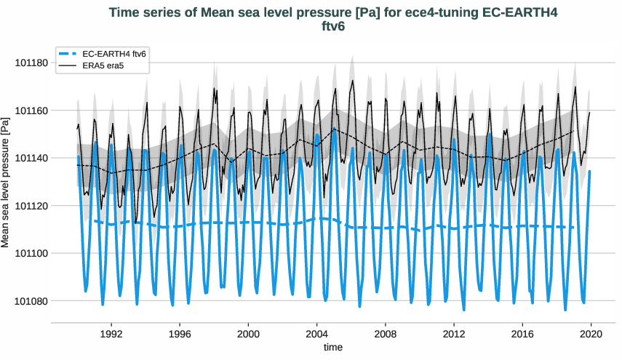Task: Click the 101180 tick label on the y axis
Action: click(31, 63)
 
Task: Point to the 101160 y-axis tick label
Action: click(31, 111)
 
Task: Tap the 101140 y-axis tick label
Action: click(31, 159)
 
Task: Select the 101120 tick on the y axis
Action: click(31, 206)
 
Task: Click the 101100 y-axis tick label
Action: click(31, 254)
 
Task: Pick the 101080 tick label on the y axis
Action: click(31, 301)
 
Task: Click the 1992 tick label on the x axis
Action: click(111, 332)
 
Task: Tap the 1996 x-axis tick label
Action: click(180, 332)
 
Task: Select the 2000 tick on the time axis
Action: click(248, 332)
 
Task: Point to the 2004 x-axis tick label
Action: click(316, 332)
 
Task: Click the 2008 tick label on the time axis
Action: click(386, 332)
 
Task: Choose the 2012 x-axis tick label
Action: click(454, 332)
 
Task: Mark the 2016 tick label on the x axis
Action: click(522, 332)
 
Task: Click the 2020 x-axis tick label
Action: click(591, 332)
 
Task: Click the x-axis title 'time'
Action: click(332, 348)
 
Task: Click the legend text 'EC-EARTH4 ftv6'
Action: click(113, 55)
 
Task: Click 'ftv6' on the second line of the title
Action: click(332, 27)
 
